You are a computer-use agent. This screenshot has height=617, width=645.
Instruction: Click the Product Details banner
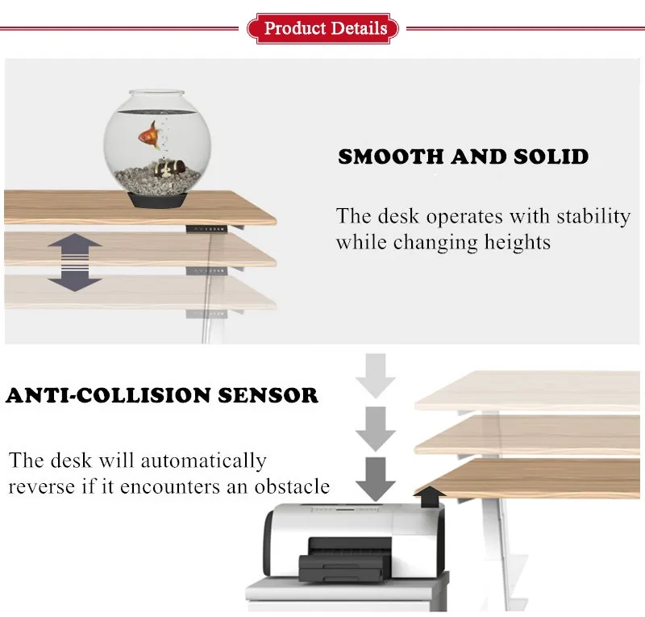(323, 28)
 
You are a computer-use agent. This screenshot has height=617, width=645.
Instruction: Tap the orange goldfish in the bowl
(149, 134)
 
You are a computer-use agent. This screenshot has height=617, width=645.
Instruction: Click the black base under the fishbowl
(157, 200)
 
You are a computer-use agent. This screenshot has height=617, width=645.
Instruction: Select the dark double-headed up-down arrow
(74, 262)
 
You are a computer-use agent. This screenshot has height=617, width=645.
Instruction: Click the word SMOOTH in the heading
(392, 156)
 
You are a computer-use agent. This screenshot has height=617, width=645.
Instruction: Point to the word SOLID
(551, 156)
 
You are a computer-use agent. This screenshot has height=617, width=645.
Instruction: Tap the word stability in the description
(593, 217)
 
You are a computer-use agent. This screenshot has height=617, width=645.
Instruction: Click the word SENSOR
(268, 395)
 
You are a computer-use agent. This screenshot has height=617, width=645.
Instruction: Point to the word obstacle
(292, 486)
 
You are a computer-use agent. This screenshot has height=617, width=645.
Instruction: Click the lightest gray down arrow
(376, 375)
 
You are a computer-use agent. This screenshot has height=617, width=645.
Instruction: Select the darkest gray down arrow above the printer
(376, 480)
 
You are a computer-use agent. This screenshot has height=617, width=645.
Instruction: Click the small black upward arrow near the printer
(429, 497)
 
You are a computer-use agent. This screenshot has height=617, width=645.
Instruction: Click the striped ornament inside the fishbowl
(169, 168)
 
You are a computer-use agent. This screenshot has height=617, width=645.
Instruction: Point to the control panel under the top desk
(206, 229)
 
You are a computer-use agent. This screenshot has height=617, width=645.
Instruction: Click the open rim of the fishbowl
(156, 93)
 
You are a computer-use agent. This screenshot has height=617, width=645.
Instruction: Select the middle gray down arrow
(376, 428)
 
